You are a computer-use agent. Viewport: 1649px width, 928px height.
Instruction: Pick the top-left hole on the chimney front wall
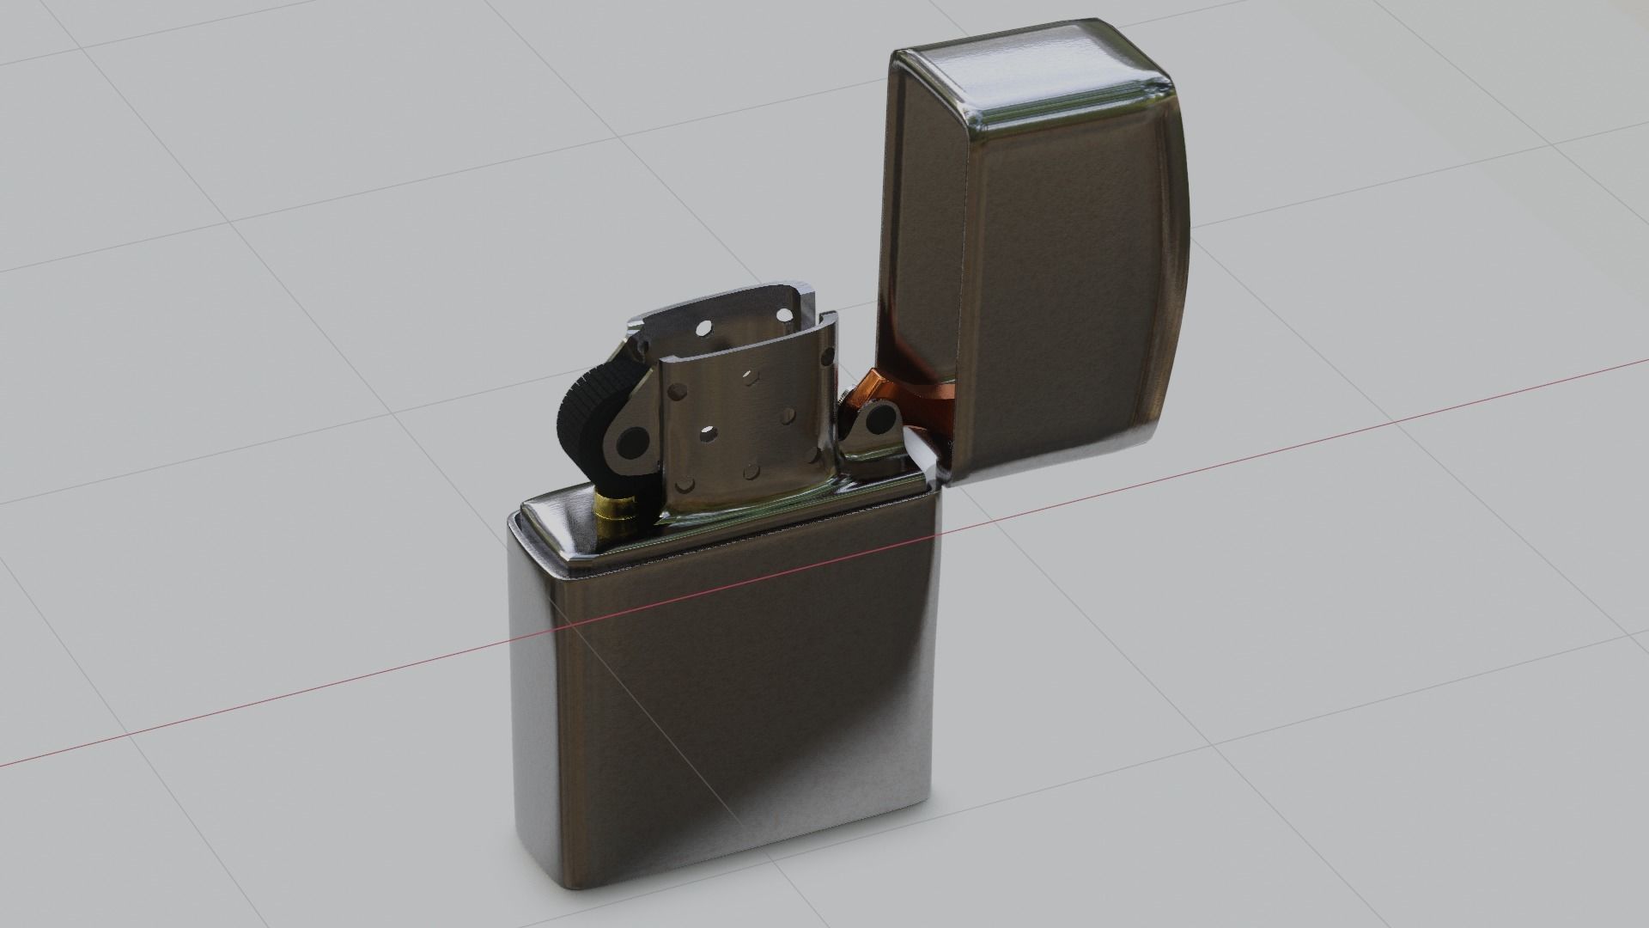[x=678, y=391]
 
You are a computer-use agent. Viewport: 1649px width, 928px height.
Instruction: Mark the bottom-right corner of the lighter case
[x=924, y=803]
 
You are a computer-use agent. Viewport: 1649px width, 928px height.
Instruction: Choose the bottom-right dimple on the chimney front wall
[x=810, y=455]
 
